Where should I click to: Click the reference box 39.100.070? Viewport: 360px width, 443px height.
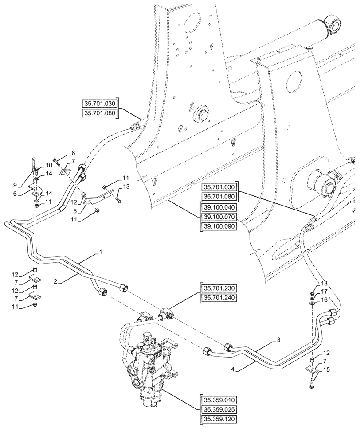click(219, 217)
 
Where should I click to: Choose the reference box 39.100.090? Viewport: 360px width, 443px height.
click(219, 226)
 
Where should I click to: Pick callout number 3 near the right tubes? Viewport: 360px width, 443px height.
click(279, 340)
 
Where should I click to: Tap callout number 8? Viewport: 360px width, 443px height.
click(73, 153)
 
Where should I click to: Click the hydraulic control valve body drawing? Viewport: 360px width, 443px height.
click(149, 354)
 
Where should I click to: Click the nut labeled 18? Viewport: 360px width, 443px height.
click(312, 293)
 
